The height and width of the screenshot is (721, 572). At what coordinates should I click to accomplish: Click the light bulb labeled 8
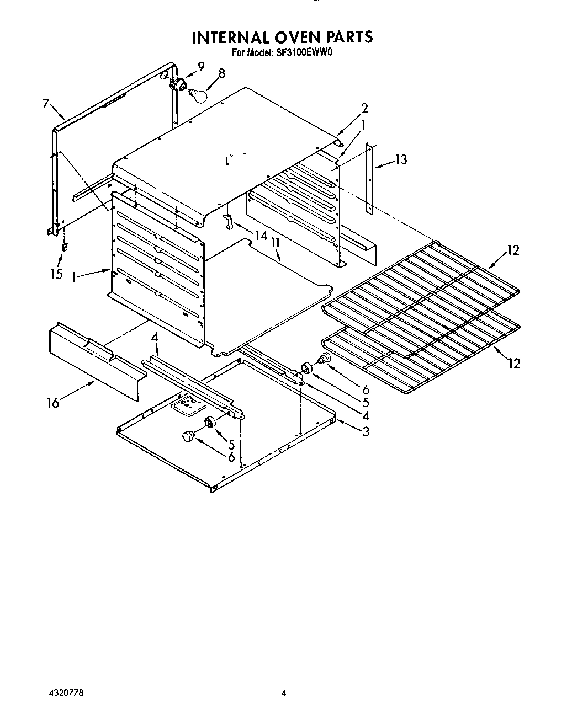click(198, 95)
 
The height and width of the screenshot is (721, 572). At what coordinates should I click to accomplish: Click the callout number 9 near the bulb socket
click(201, 67)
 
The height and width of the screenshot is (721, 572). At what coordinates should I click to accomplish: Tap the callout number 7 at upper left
click(46, 103)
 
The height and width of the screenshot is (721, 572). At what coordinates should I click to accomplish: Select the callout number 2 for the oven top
click(364, 109)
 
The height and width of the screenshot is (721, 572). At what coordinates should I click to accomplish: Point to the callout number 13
click(401, 160)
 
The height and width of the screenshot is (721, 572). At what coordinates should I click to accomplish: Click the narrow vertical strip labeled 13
click(370, 179)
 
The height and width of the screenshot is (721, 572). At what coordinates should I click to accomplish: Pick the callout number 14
click(261, 236)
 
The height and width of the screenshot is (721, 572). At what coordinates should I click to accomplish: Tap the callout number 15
click(57, 274)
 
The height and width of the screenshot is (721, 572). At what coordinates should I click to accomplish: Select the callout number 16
click(53, 403)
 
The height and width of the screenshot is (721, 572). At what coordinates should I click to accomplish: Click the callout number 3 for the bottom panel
click(366, 432)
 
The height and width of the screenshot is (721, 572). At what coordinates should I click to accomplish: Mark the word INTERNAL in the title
click(230, 38)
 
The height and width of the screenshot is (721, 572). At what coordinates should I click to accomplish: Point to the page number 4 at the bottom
click(284, 692)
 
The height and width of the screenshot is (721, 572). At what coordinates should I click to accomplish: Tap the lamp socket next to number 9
click(178, 84)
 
